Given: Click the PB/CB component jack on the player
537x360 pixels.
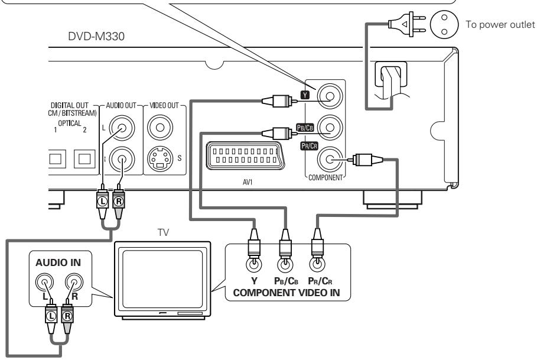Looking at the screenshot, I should [x=328, y=127].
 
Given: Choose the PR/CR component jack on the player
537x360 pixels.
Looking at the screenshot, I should [x=328, y=158].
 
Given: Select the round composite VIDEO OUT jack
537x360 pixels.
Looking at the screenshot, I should [x=160, y=127].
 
